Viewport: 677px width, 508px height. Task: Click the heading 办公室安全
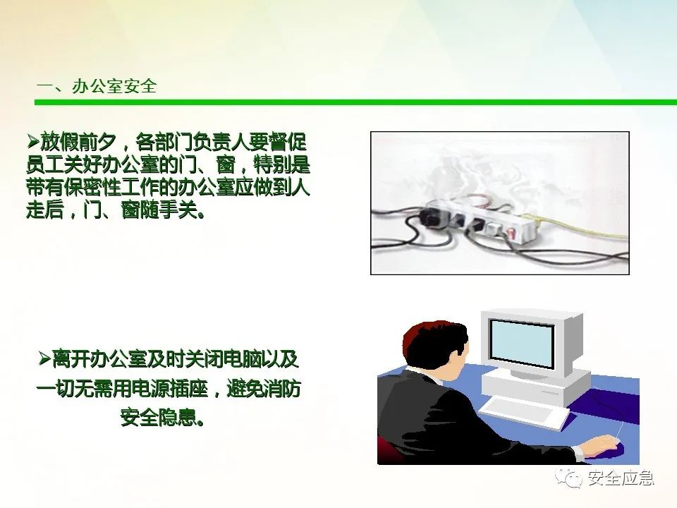click(114, 86)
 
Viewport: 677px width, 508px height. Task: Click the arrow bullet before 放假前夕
click(33, 140)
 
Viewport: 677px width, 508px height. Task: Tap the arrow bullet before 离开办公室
click(44, 358)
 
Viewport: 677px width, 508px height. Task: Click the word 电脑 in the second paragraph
click(241, 359)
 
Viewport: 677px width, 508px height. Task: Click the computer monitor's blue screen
click(522, 344)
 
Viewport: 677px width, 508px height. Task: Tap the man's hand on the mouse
click(598, 445)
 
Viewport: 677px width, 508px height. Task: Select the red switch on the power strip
click(512, 234)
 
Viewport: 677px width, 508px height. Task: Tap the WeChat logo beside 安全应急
click(568, 478)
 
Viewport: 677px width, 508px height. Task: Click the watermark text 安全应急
click(621, 478)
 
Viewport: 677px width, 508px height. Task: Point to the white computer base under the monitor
click(535, 386)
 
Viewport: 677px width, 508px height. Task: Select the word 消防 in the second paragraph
click(281, 389)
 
